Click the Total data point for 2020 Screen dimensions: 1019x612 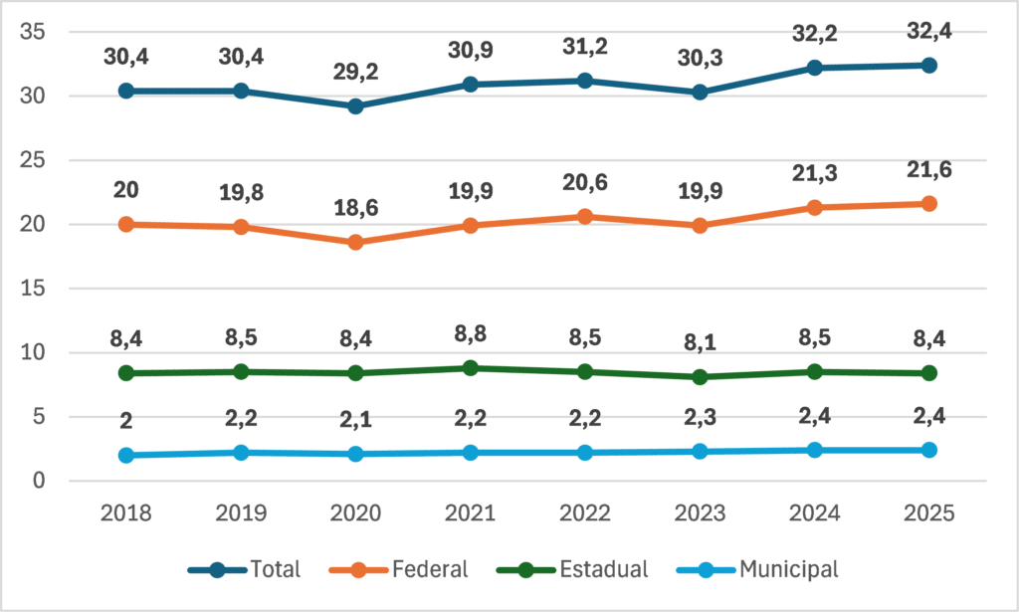(x=355, y=105)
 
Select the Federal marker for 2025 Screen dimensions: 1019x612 (x=929, y=203)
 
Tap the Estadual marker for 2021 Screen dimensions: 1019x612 (x=471, y=368)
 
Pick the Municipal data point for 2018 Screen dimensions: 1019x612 (x=126, y=455)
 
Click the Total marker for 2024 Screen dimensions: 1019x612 (x=814, y=68)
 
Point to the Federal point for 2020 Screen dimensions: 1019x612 (x=355, y=242)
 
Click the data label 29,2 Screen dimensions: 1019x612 (x=355, y=72)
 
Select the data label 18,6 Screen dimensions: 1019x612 (x=355, y=208)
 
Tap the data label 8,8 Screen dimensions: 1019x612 (x=471, y=334)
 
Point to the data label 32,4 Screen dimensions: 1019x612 (x=929, y=31)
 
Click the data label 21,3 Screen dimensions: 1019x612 (x=814, y=173)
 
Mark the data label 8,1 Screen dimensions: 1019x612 (x=700, y=342)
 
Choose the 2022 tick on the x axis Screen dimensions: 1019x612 (x=585, y=513)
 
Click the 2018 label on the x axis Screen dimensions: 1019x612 (x=126, y=513)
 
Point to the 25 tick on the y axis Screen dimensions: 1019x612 (x=33, y=160)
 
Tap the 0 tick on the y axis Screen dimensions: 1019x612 (x=39, y=481)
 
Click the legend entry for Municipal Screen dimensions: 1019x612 (x=757, y=570)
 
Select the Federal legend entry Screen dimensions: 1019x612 (x=398, y=570)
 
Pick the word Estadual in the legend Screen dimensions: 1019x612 (x=604, y=570)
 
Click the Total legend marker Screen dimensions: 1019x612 (x=217, y=570)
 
